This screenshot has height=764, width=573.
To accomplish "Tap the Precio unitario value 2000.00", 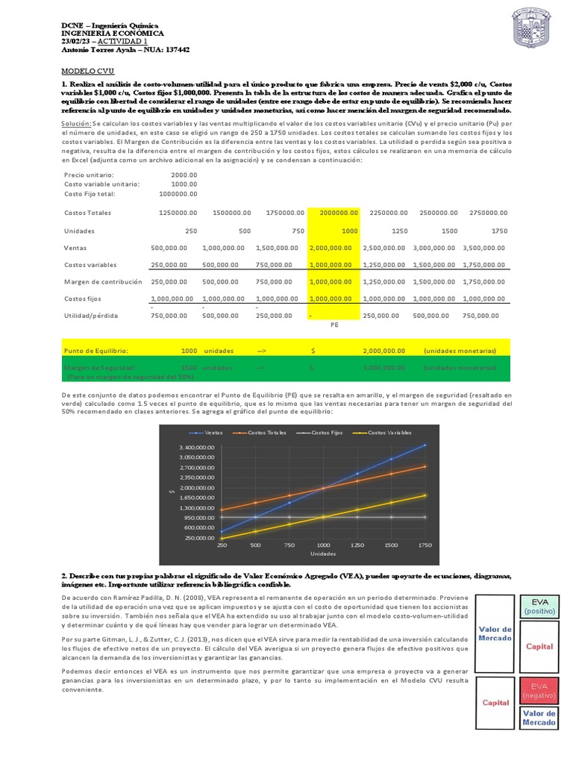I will [x=184, y=175].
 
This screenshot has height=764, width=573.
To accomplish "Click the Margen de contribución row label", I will [x=103, y=281].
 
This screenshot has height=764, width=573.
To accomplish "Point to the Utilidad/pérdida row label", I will [x=93, y=316].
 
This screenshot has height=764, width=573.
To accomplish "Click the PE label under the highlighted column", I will [x=334, y=325].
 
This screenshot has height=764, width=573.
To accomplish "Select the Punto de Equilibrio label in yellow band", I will [x=96, y=350].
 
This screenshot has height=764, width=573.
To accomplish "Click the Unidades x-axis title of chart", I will [x=322, y=554].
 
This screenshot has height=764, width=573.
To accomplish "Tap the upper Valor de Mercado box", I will [x=495, y=634].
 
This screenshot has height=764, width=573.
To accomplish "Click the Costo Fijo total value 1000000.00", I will [x=178, y=194].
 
